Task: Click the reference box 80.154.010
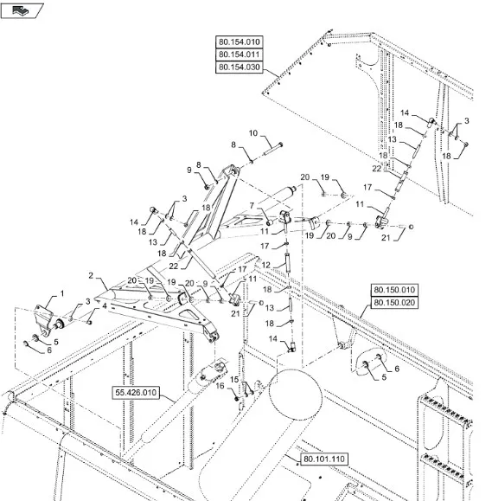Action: (240, 42)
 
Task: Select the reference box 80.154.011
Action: (240, 55)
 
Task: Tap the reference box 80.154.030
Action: (240, 67)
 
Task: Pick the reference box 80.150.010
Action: (394, 290)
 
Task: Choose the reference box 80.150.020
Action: (394, 303)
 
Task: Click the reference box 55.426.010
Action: (136, 392)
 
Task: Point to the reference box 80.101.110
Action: (324, 459)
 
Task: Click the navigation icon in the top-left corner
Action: (22, 11)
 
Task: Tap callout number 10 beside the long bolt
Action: (252, 133)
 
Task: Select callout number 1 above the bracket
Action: (62, 293)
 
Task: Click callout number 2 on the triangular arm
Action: (91, 275)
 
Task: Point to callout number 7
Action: (252, 205)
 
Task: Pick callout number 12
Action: (265, 265)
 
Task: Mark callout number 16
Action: (220, 386)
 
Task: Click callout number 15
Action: (234, 379)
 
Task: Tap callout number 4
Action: (105, 306)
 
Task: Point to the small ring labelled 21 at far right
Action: (411, 227)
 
